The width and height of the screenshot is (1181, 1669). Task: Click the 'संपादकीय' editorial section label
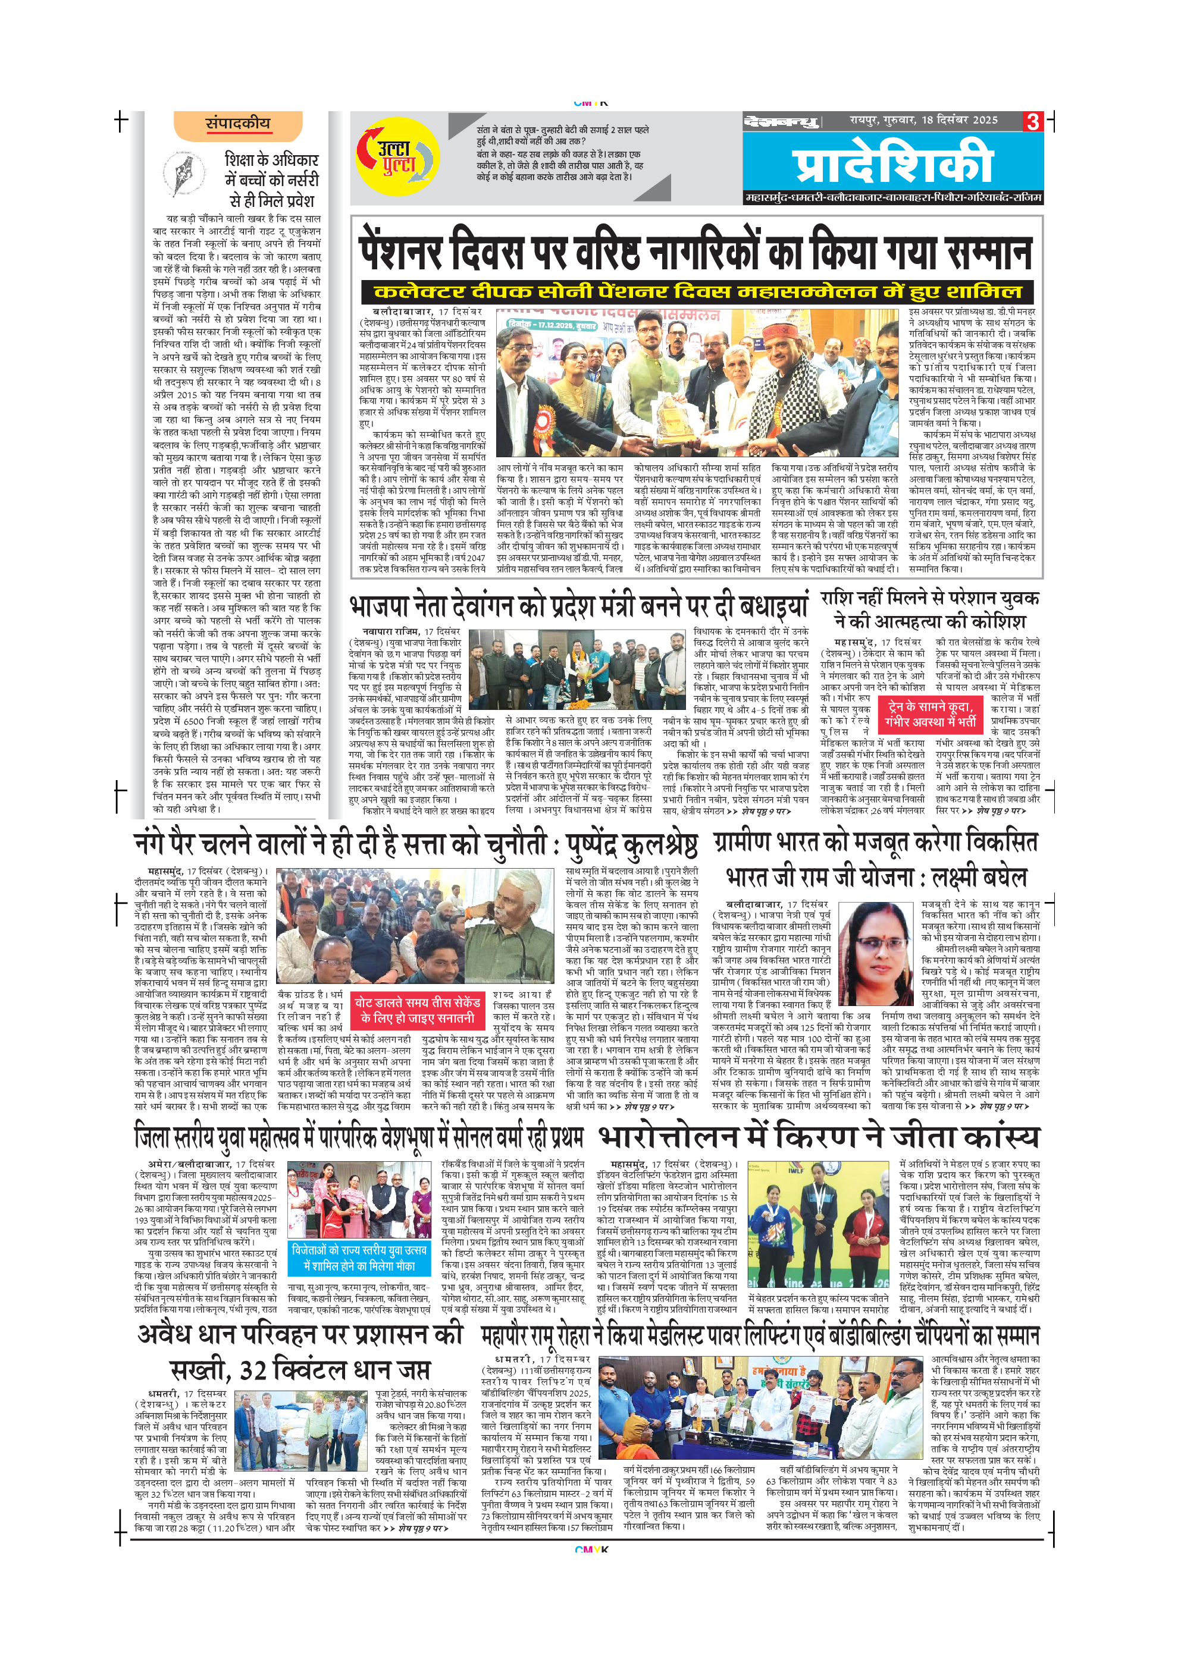coord(238,124)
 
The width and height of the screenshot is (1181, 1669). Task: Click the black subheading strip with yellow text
coord(697,292)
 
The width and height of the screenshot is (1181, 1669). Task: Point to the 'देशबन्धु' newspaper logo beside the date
coord(782,121)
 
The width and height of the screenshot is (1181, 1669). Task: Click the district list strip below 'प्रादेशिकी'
coord(893,197)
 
